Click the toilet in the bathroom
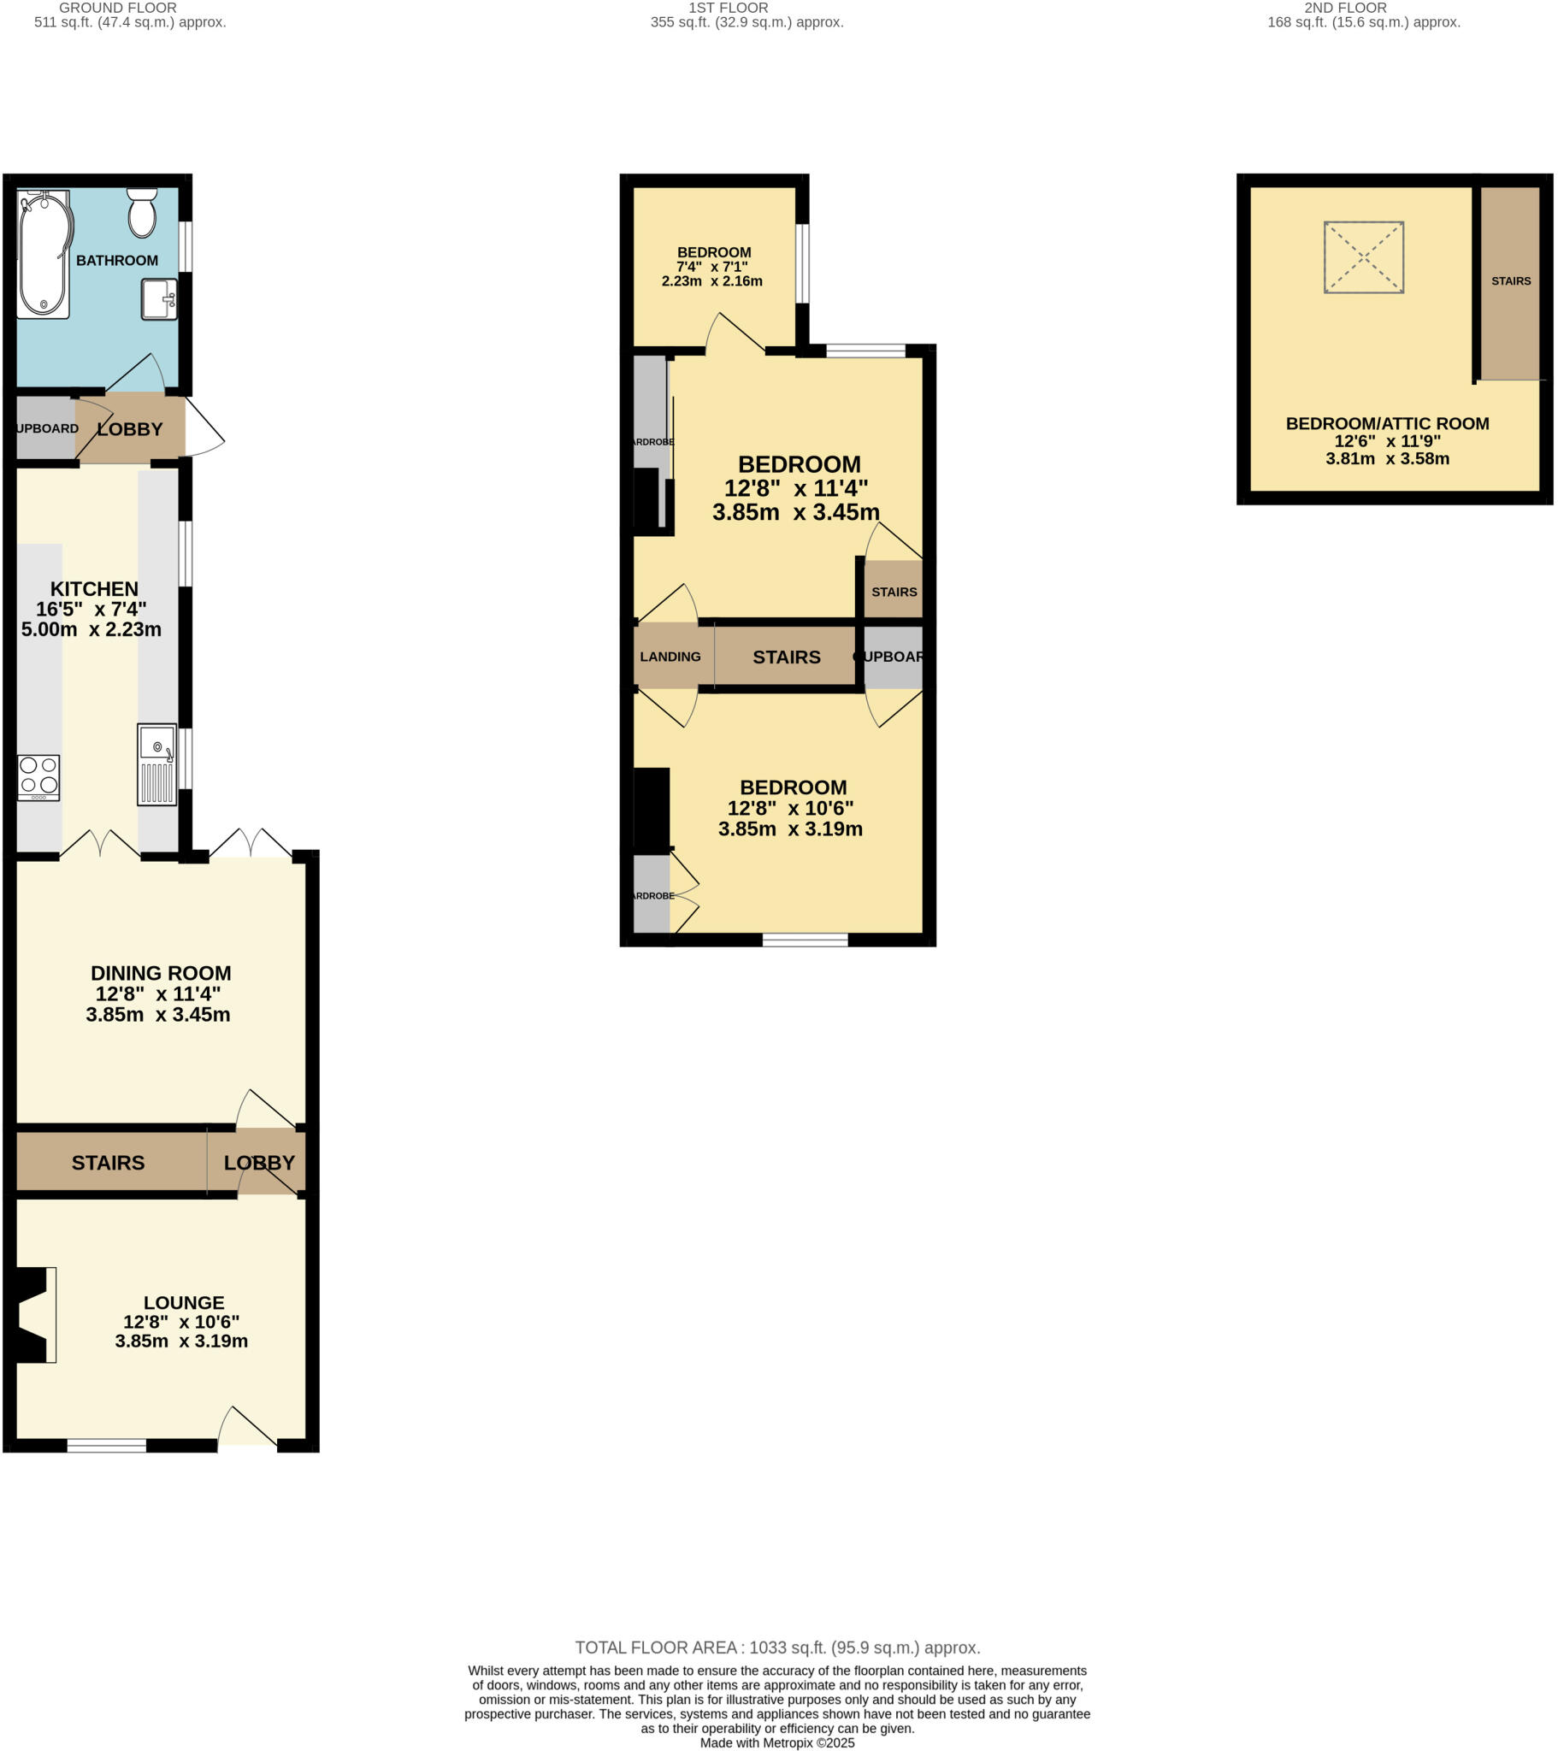tap(142, 213)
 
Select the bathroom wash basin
tap(159, 299)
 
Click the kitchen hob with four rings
tap(38, 777)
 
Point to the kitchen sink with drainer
tap(156, 764)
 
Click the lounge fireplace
tap(32, 1314)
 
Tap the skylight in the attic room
tap(1364, 257)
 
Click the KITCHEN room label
tap(94, 588)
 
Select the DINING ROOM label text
tap(161, 973)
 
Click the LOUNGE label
tap(183, 1302)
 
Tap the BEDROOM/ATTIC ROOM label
tap(1388, 423)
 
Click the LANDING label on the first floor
tap(670, 656)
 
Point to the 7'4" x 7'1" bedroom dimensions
tap(713, 267)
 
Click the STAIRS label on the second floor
tap(1511, 281)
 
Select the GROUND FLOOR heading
tap(117, 8)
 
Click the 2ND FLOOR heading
tap(1345, 8)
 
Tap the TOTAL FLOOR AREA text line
tap(777, 1648)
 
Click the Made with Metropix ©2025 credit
tap(777, 1742)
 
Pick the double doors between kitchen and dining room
tap(100, 844)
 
